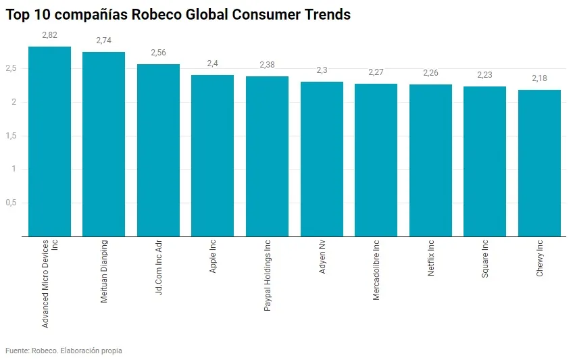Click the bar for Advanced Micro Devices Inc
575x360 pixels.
click(x=49, y=142)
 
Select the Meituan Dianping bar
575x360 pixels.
click(x=103, y=145)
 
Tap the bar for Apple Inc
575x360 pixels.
click(x=212, y=156)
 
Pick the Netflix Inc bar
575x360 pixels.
click(x=430, y=161)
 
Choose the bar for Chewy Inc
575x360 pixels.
click(x=539, y=163)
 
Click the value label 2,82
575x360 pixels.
click(x=49, y=35)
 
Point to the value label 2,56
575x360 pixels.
click(x=158, y=53)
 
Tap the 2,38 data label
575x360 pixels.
click(x=267, y=65)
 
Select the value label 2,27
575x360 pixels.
click(x=376, y=72)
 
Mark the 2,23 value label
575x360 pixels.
click(x=484, y=75)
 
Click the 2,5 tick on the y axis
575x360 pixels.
click(x=11, y=68)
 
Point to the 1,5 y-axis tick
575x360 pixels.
click(x=11, y=136)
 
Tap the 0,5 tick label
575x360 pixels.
click(x=11, y=203)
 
